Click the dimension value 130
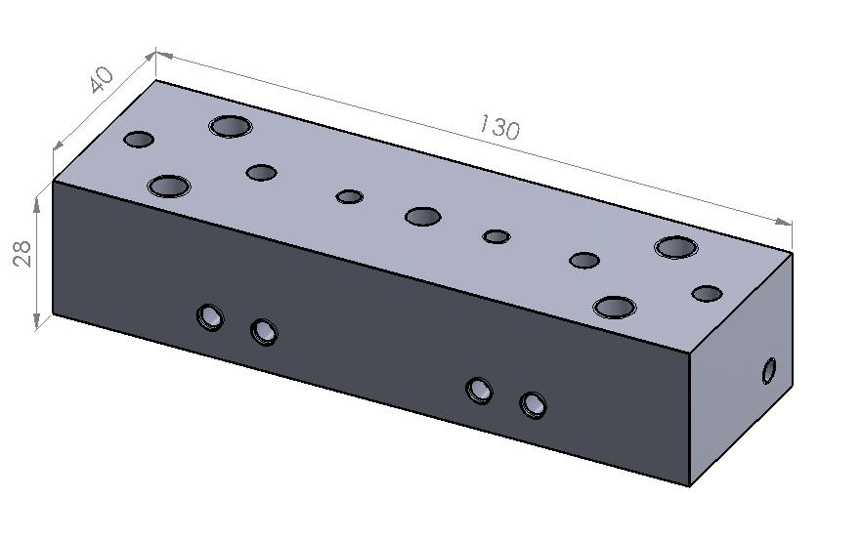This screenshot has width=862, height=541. (x=498, y=127)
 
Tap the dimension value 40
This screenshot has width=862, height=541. (x=102, y=80)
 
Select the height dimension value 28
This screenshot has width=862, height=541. (x=22, y=253)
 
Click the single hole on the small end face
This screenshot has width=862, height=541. (x=769, y=371)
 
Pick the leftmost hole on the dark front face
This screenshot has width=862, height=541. (x=210, y=317)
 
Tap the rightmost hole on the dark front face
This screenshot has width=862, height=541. (x=533, y=405)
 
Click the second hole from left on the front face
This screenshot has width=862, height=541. (x=264, y=332)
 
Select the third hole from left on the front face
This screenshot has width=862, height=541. (x=479, y=391)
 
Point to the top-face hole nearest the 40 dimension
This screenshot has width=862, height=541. (x=139, y=140)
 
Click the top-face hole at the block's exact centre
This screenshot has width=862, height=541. (x=423, y=217)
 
